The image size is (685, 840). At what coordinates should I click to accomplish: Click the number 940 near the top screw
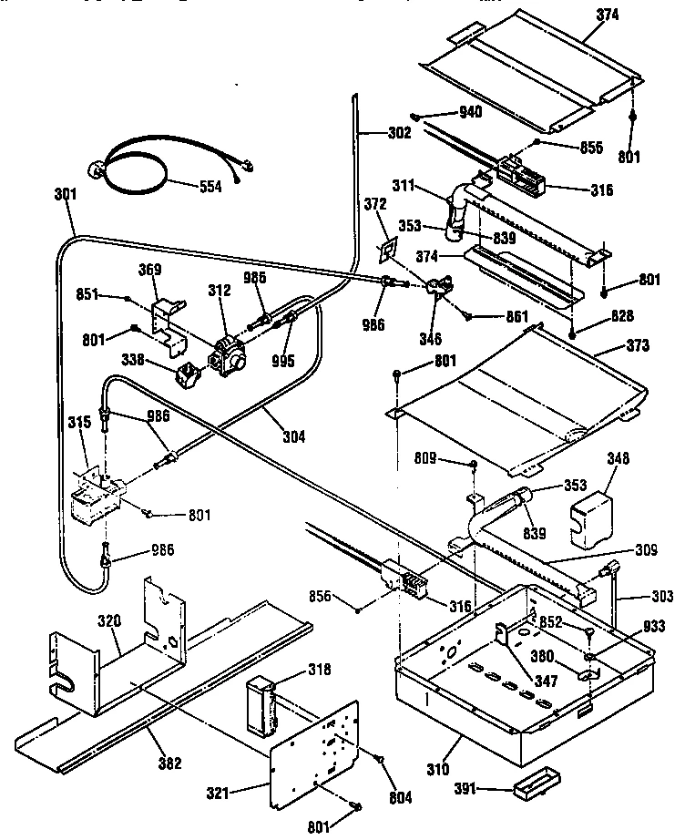470,112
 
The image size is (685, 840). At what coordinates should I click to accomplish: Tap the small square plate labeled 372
388,250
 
